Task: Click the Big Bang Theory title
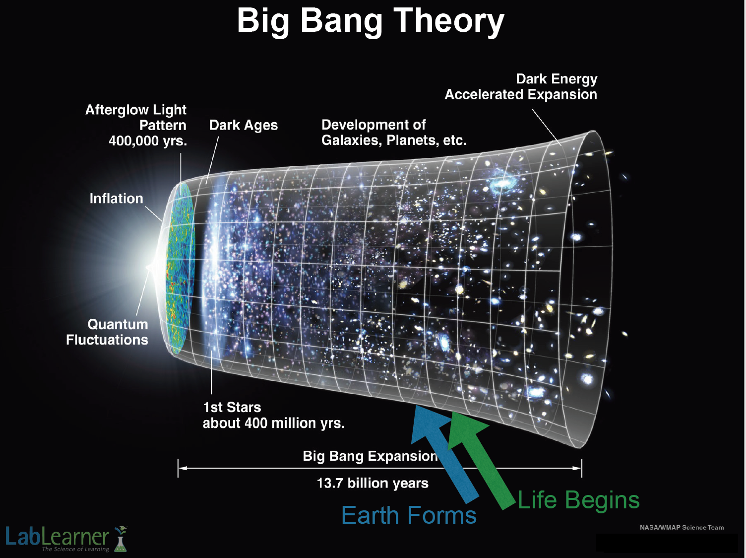click(371, 21)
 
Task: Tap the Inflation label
click(116, 199)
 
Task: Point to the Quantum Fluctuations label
click(107, 332)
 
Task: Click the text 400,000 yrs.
click(148, 141)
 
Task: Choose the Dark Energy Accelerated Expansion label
click(521, 87)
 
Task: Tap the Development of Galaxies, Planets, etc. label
click(394, 133)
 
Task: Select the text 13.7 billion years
click(373, 483)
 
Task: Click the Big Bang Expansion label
click(370, 456)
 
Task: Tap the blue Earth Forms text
click(409, 515)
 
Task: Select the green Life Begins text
click(578, 500)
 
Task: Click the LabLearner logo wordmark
click(57, 537)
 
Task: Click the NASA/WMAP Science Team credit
click(682, 527)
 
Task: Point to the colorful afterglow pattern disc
click(180, 269)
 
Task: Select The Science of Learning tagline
click(75, 549)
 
